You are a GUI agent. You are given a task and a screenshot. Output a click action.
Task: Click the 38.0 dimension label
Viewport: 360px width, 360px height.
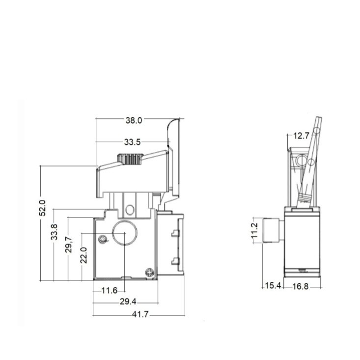134,120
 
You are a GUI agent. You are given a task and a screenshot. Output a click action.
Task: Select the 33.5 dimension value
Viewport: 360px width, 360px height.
132,142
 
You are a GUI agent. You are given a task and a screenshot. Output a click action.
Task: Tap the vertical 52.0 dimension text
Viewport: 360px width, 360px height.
42,208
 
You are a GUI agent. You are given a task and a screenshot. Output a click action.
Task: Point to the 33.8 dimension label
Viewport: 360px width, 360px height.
54,232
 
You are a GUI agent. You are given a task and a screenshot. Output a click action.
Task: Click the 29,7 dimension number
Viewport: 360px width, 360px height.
69,245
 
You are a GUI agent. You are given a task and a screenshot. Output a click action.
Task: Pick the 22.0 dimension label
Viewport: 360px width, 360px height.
84,255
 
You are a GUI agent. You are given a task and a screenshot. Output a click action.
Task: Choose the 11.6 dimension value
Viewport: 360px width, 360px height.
110,291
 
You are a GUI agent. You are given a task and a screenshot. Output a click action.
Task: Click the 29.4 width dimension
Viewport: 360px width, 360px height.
128,302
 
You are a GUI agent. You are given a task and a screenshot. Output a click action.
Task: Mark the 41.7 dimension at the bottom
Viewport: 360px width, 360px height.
140,314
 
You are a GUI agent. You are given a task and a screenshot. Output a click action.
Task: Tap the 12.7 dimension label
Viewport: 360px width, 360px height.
302,136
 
